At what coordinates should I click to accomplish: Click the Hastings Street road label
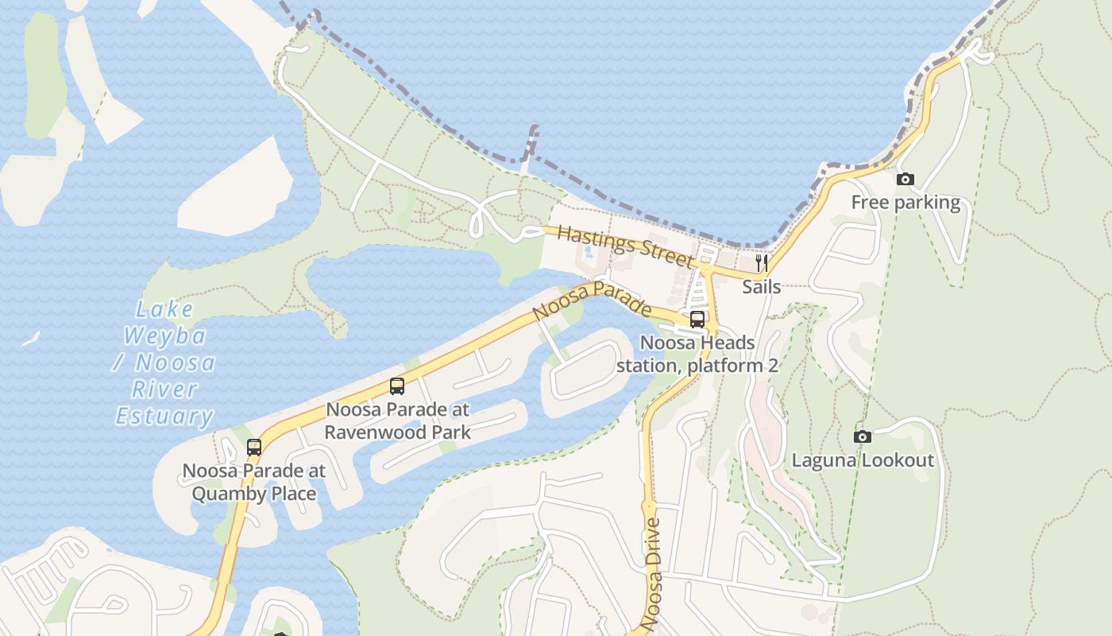[624, 246]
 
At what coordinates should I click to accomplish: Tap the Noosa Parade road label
[592, 301]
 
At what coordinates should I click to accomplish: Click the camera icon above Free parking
[905, 180]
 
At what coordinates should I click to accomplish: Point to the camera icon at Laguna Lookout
[862, 436]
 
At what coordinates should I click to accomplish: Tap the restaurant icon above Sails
[761, 262]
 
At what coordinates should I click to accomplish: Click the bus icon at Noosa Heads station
[697, 320]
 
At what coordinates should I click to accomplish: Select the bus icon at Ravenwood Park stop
[397, 386]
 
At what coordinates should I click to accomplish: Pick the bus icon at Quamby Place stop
[254, 448]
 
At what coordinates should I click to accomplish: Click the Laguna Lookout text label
[863, 460]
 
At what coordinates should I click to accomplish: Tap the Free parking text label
[905, 203]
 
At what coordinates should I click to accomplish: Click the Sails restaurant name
[761, 287]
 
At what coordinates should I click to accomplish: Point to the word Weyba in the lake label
[165, 336]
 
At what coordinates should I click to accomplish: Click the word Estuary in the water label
[164, 416]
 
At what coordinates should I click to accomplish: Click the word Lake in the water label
[164, 309]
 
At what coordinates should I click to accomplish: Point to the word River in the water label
[164, 390]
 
